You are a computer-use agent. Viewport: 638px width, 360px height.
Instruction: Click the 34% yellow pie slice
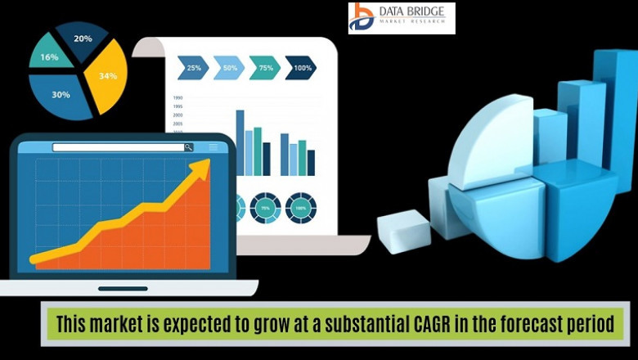pyautogui.click(x=108, y=77)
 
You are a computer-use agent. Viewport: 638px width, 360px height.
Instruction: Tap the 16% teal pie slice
pyautogui.click(x=51, y=56)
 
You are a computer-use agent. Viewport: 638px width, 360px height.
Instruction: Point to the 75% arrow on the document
pyautogui.click(x=264, y=67)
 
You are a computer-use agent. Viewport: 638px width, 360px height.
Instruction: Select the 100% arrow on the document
pyautogui.click(x=301, y=67)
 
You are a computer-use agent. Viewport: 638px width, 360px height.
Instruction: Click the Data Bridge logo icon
pyautogui.click(x=362, y=17)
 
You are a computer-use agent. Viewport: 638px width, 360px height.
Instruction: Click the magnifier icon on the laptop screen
pyautogui.click(x=189, y=147)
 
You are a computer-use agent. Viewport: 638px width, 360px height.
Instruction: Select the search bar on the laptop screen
pyautogui.click(x=119, y=147)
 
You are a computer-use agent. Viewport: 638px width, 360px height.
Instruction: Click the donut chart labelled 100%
pyautogui.click(x=300, y=208)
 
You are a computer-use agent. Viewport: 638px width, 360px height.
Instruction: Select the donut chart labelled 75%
pyautogui.click(x=265, y=208)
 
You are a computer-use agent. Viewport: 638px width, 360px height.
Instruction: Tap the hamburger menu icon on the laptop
pyautogui.click(x=213, y=147)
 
